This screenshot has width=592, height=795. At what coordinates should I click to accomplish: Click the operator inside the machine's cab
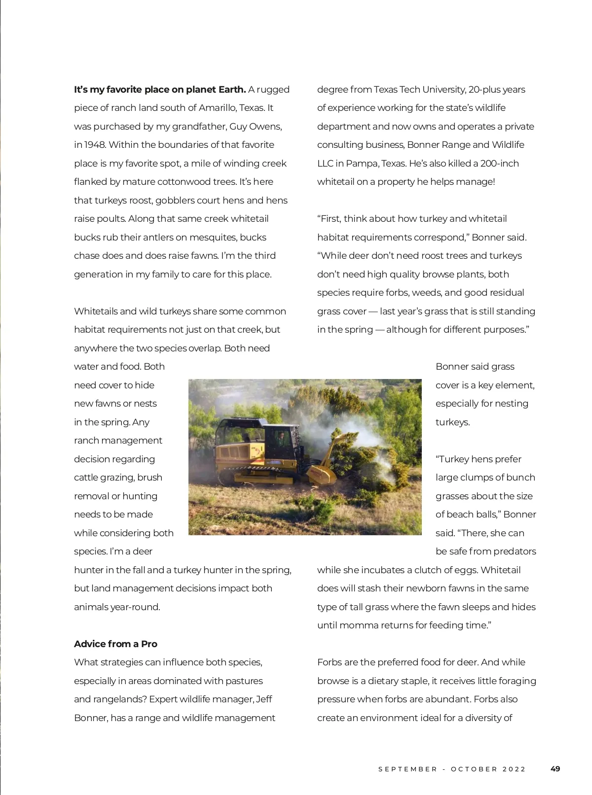point(281,437)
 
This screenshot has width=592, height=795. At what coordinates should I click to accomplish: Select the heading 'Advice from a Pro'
point(115,644)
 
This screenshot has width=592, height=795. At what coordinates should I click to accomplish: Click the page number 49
point(555,769)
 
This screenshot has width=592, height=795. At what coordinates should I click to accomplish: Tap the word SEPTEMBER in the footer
point(407,769)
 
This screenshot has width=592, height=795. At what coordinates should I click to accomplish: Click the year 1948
point(95,145)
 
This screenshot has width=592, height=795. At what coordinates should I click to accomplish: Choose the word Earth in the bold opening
point(232,90)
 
